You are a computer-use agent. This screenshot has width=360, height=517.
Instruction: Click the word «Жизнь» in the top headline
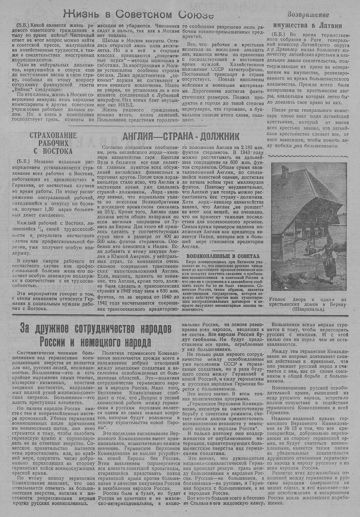click(x=80, y=14)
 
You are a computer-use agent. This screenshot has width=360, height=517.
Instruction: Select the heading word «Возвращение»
click(x=308, y=15)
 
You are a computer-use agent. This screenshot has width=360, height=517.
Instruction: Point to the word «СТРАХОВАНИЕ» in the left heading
click(x=53, y=136)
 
